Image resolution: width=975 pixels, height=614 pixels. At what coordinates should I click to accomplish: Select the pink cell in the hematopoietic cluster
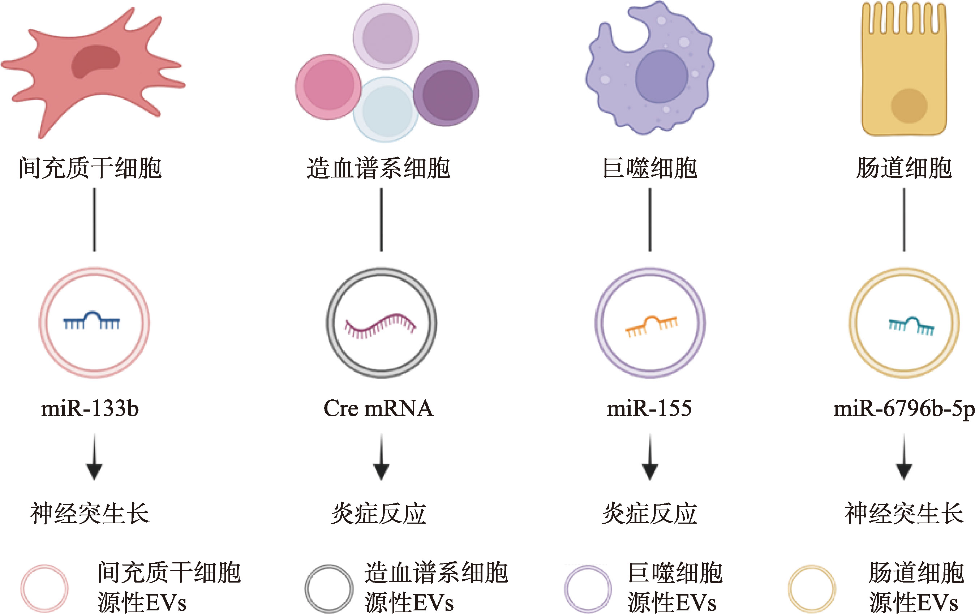click(x=328, y=87)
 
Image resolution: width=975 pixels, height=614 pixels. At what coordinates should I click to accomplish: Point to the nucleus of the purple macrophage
click(x=661, y=76)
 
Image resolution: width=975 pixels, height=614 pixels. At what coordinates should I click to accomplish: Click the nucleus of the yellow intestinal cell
click(x=909, y=106)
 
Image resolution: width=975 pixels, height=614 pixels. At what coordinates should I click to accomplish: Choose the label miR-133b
click(x=90, y=408)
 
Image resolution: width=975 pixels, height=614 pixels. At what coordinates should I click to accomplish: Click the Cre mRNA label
click(x=379, y=408)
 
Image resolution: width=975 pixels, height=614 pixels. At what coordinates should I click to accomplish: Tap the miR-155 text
click(x=649, y=408)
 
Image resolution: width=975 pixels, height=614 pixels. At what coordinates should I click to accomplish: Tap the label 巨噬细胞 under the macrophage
click(x=649, y=168)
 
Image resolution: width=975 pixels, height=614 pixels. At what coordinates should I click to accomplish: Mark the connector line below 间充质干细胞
click(x=94, y=219)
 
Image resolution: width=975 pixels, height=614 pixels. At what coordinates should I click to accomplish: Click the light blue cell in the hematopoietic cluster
click(x=387, y=110)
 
